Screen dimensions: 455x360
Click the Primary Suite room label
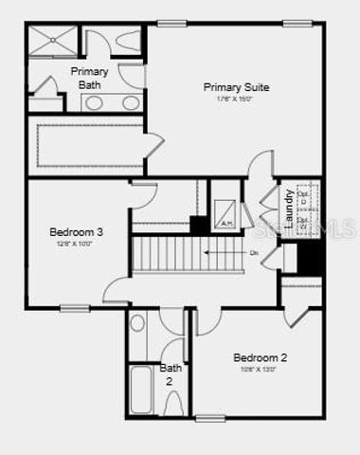(236, 87)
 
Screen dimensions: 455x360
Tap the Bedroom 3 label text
(77, 232)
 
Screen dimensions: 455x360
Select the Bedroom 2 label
(260, 357)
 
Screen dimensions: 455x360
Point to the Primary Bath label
(89, 77)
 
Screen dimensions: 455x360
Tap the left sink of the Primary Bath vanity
(93, 103)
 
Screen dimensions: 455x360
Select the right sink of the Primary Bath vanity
(131, 103)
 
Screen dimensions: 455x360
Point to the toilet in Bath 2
(173, 404)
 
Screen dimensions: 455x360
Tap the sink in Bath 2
(137, 323)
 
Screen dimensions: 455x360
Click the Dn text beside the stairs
(254, 253)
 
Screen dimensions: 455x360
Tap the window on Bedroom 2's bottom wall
(210, 418)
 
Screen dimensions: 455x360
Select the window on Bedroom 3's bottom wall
(75, 308)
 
